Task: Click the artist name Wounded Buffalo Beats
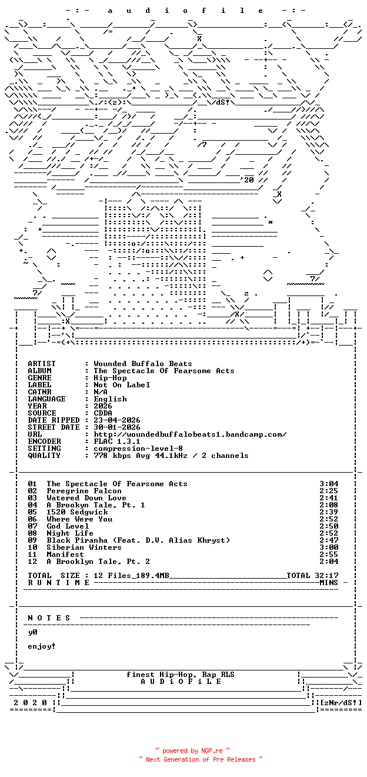[x=143, y=364]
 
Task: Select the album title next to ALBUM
[x=164, y=371]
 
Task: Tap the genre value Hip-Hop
[x=110, y=378]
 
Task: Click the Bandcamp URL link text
[x=190, y=434]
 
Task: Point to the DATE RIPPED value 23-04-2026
[x=117, y=420]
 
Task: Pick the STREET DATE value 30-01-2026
[x=117, y=427]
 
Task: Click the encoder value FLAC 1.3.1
[x=117, y=441]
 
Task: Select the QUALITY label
[x=44, y=456]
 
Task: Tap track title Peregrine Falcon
[x=84, y=491]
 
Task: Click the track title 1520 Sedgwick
[x=77, y=512]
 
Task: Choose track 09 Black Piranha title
[x=138, y=540]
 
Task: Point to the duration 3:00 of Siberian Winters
[x=329, y=547]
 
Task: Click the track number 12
[x=32, y=562]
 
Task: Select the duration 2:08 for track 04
[x=329, y=506]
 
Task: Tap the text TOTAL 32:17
[x=312, y=576]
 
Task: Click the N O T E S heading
[x=49, y=618]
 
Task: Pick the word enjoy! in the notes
[x=42, y=646]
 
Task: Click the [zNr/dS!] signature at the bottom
[x=341, y=703]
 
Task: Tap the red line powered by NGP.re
[x=193, y=751]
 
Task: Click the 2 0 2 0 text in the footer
[x=30, y=703]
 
